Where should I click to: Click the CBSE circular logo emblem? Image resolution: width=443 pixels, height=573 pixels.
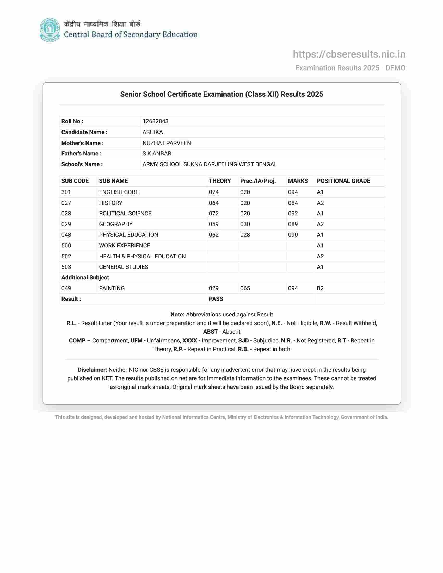coord(50,30)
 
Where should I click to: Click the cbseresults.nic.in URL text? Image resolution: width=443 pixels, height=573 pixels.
coord(349,54)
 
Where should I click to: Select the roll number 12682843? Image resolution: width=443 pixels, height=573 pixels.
coord(155,121)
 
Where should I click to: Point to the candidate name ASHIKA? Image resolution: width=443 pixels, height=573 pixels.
coord(152,132)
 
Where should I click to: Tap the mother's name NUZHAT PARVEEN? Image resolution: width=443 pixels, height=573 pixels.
coord(167,143)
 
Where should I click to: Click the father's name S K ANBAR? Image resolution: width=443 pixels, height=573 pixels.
coord(157,153)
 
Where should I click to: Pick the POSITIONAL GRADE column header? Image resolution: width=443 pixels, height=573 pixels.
coord(343,181)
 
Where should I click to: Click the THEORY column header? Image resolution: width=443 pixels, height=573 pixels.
coord(220,181)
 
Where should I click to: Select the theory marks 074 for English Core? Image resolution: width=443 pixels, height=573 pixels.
coord(214,192)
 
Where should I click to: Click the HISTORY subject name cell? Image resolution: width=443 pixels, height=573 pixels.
coord(110,203)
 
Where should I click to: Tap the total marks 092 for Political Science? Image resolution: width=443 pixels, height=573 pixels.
coord(293,214)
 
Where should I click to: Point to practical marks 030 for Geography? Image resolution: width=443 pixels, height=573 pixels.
coord(245,224)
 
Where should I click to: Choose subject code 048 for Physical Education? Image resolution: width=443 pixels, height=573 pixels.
coord(66,235)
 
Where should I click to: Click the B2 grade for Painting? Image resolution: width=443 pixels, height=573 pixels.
coord(320,288)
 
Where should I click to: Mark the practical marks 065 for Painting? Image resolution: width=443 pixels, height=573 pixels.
coord(245,288)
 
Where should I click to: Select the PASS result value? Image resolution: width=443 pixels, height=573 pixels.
coord(216,299)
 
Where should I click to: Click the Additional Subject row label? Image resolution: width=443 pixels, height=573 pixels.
coord(85,278)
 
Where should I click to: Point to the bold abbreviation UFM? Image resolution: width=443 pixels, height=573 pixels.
coord(136,341)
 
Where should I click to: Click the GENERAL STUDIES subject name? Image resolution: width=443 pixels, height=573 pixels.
coord(123,267)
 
